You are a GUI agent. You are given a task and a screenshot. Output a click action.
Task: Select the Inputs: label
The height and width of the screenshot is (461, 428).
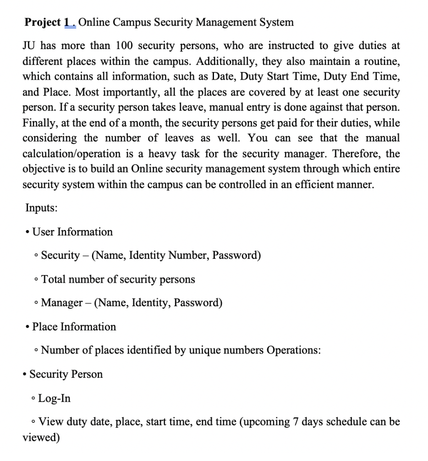tap(41, 208)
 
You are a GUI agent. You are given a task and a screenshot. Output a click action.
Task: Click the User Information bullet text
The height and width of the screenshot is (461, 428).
tap(73, 232)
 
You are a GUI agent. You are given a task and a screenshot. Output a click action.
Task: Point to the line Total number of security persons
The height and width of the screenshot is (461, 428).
tap(118, 279)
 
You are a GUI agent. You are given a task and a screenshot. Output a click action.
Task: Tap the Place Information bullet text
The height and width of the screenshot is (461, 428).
tap(74, 326)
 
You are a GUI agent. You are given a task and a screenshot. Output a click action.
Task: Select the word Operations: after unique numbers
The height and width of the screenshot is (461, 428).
tap(293, 350)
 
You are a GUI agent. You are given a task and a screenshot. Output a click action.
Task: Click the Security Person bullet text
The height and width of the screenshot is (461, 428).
tap(66, 374)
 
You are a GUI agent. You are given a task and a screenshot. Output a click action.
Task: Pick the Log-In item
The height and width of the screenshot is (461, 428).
tap(55, 398)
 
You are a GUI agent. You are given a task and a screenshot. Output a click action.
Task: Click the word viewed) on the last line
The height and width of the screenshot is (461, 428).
tap(41, 438)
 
